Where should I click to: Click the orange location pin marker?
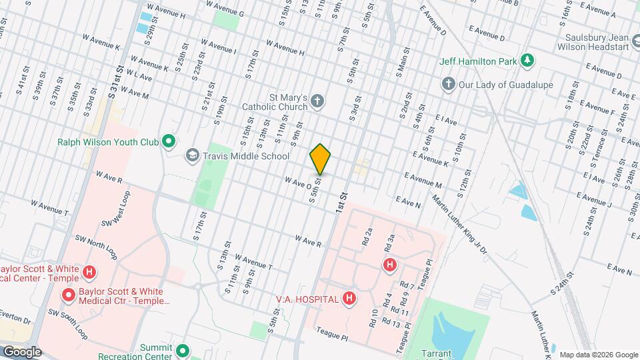click(x=321, y=159)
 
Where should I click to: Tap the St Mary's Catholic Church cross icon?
click(x=318, y=102)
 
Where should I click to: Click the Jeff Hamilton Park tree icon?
click(x=528, y=61)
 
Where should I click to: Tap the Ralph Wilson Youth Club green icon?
click(x=169, y=141)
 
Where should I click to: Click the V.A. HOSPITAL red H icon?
click(x=349, y=299)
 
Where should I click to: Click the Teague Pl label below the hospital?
click(x=333, y=329)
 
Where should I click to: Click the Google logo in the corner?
click(x=21, y=352)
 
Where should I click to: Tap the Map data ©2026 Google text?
click(x=598, y=355)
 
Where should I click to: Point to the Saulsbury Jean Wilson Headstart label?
click(x=596, y=42)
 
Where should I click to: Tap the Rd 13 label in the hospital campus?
click(x=391, y=323)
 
